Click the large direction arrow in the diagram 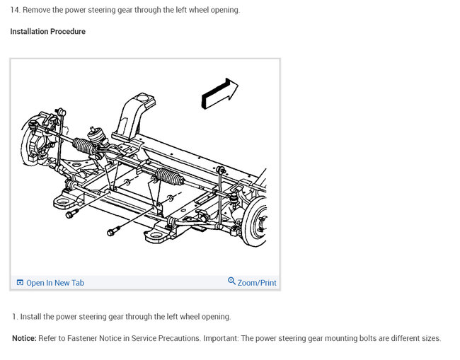[x=219, y=94]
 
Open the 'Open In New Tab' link [x=54, y=283]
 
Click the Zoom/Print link [x=257, y=283]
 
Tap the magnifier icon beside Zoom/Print [x=231, y=281]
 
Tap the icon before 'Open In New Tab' [x=20, y=283]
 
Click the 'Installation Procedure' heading [x=47, y=32]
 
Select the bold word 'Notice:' [x=24, y=338]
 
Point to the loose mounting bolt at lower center [x=114, y=231]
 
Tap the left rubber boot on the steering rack [x=85, y=146]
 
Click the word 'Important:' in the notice [x=222, y=338]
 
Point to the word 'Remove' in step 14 [x=38, y=11]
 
